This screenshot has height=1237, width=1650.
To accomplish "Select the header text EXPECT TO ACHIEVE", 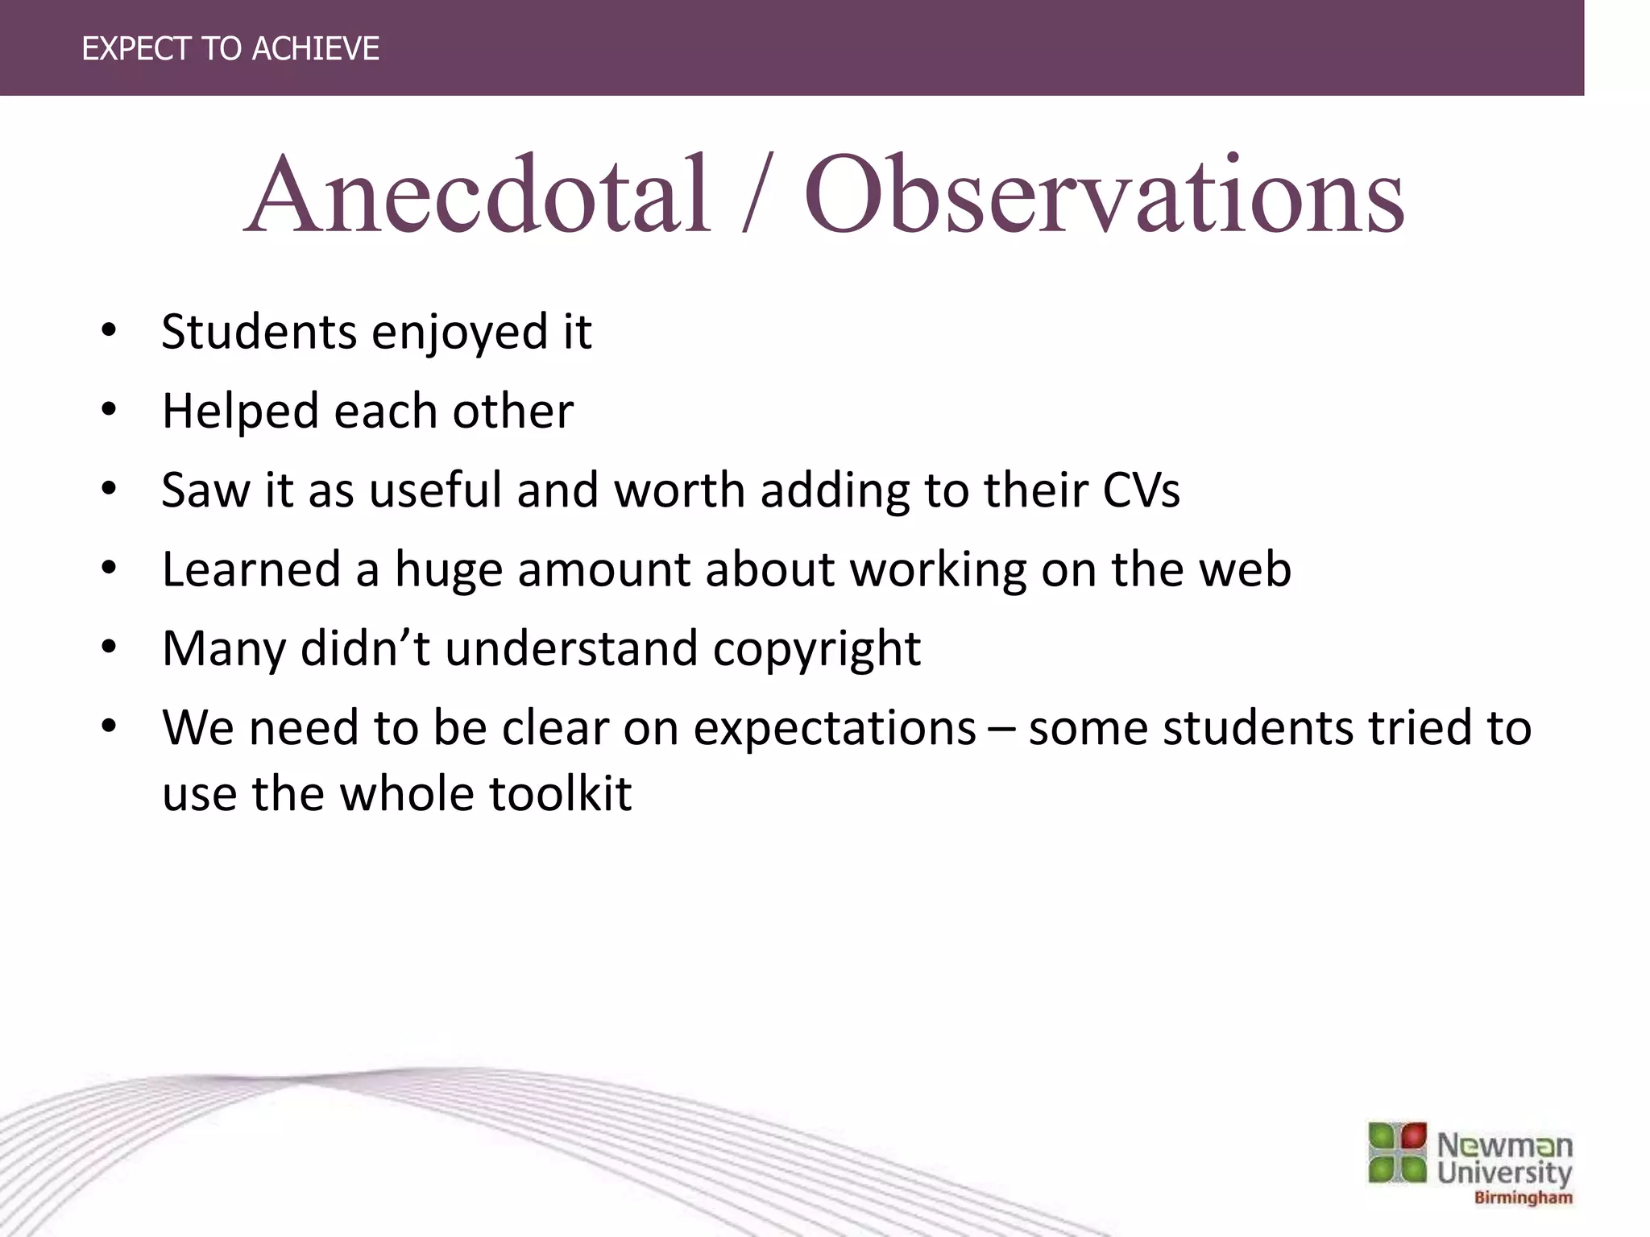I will tap(230, 49).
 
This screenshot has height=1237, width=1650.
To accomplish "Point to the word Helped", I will tap(241, 412).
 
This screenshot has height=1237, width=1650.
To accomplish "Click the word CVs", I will tap(1141, 490).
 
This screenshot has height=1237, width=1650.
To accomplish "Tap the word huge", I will tap(448, 570).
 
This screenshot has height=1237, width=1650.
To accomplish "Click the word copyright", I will tap(816, 649).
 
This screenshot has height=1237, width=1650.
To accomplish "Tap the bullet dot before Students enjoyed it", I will tap(110, 331).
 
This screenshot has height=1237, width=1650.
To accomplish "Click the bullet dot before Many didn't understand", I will tap(110, 647).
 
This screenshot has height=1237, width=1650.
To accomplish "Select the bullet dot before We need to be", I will tap(110, 726).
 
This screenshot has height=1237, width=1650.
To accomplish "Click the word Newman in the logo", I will tap(1504, 1144).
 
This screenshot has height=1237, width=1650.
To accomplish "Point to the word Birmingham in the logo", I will tap(1523, 1198).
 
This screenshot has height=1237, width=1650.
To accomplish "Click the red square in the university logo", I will tap(1413, 1136).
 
